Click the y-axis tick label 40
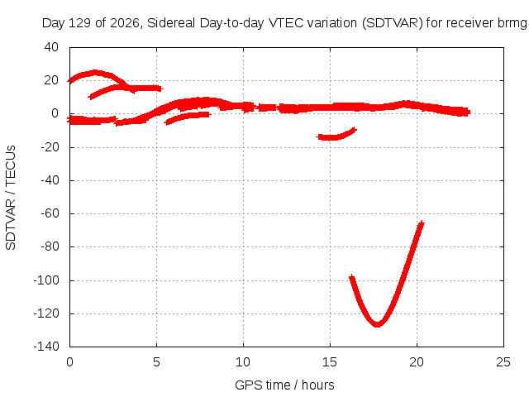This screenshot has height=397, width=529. pos(51,47)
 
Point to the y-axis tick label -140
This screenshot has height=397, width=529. pos(46,346)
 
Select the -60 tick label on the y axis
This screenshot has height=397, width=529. pos(50,213)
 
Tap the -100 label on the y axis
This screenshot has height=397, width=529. pos(46,280)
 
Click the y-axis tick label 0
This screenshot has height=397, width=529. pos(55,113)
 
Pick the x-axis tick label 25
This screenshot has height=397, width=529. pos(503,362)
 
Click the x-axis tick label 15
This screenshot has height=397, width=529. pos(330,362)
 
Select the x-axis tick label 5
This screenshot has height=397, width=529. pos(156,362)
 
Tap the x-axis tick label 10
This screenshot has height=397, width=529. pos(243,362)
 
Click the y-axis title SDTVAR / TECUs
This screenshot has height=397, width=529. pos(11,198)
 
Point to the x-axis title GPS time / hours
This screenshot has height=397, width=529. pos(284,385)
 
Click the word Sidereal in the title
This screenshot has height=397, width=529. pos(171,23)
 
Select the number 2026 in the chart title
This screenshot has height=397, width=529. pos(125,23)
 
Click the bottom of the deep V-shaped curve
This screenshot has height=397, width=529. pos(377,324)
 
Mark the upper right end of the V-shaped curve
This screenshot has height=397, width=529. pos(422,222)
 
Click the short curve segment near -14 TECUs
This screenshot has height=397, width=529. pos(336,135)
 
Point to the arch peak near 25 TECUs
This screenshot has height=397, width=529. pos(95,72)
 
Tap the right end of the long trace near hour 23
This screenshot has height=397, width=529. pos(469,112)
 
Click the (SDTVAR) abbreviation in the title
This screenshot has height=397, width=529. pos(392,23)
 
